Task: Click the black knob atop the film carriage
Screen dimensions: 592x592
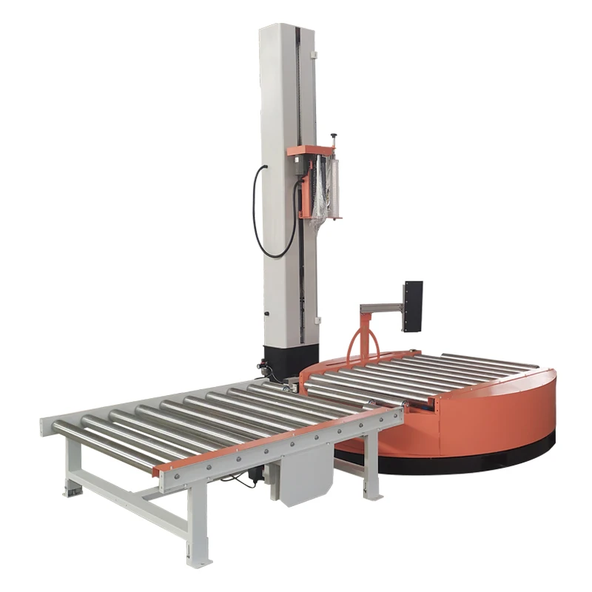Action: tap(333, 137)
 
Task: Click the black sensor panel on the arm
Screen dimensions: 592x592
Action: tap(412, 306)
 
